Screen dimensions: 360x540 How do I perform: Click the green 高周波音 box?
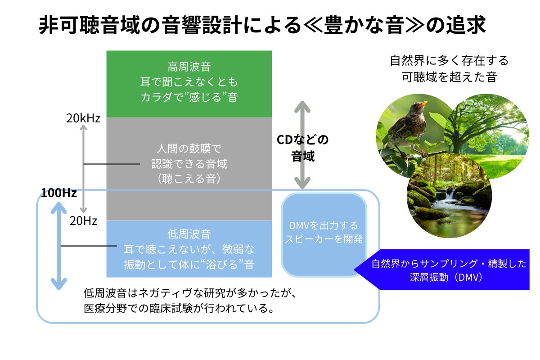coord(189,83)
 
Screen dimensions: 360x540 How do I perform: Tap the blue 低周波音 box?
coord(189,249)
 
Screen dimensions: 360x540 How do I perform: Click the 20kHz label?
coord(83,119)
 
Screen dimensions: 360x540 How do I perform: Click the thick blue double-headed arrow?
coord(58,245)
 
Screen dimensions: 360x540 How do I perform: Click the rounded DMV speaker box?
coord(324,234)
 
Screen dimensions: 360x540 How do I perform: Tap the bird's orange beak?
coord(423,104)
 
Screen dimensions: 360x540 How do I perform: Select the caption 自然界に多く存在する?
coord(449,60)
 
